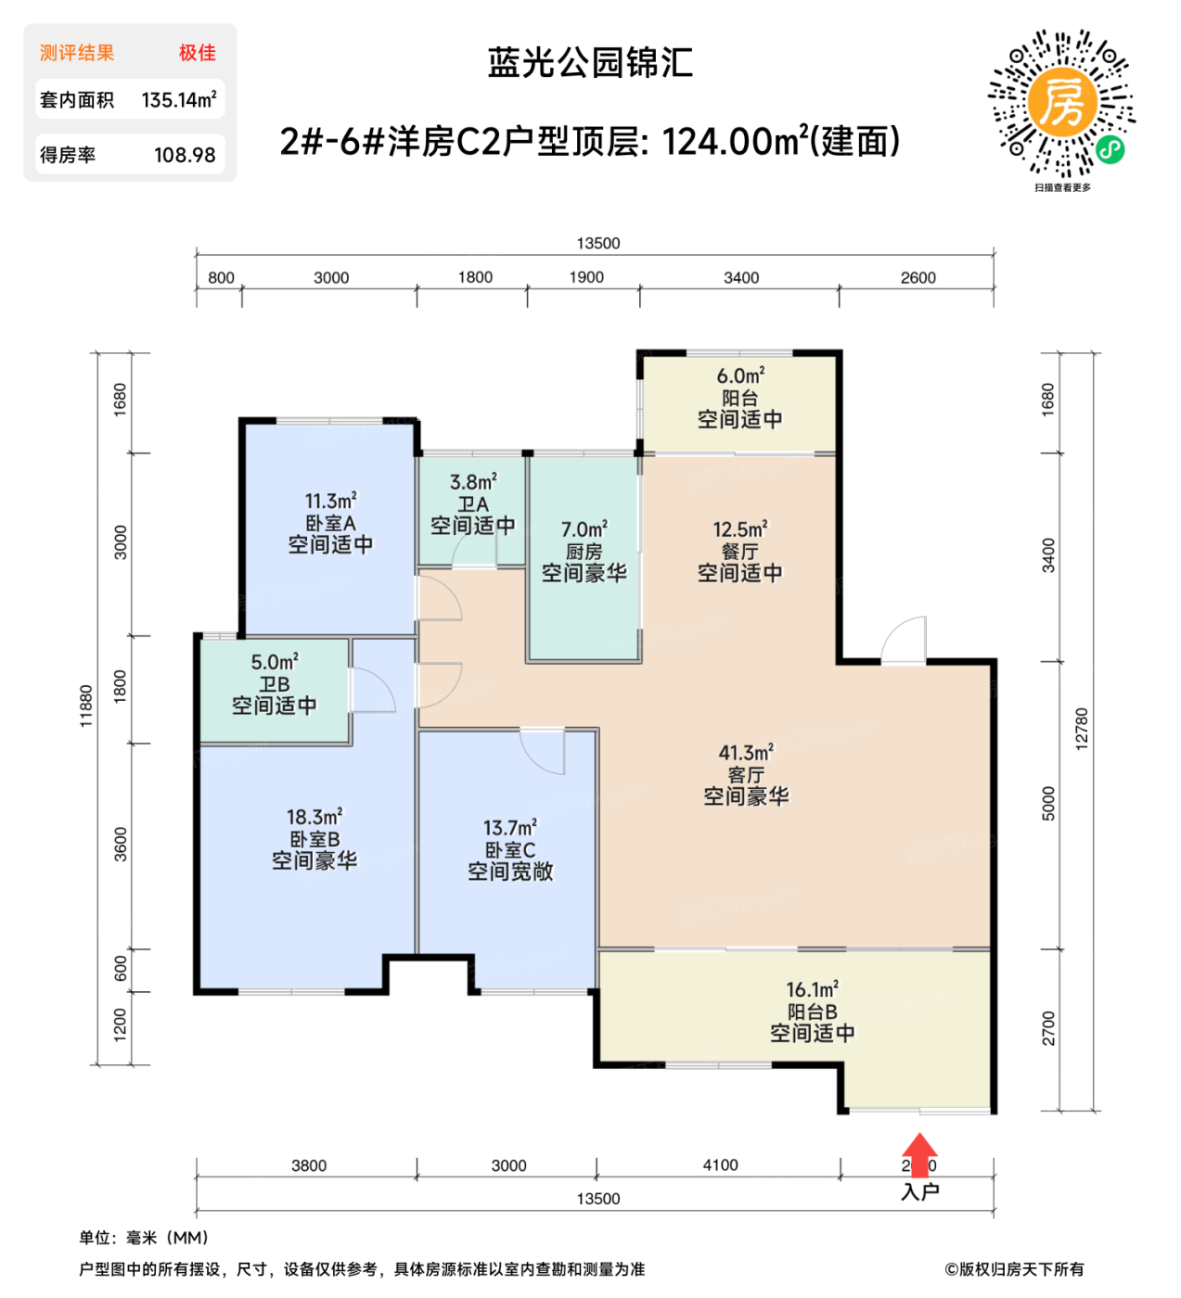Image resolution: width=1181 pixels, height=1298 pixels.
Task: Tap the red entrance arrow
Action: [x=918, y=1154]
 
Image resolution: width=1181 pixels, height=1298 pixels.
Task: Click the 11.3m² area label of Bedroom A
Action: [x=331, y=502]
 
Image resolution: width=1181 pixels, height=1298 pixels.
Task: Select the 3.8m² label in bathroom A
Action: [x=473, y=482]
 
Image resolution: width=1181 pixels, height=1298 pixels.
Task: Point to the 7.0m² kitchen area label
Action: [x=584, y=529]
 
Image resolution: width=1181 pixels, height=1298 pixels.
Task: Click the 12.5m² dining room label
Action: [x=739, y=529]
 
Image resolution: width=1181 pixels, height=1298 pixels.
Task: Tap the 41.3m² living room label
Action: [x=746, y=753]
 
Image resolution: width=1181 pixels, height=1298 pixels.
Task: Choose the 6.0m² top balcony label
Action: [x=740, y=375]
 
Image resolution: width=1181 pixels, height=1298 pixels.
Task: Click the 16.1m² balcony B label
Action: [x=813, y=990]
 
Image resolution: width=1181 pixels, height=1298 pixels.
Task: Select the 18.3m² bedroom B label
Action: [x=315, y=817]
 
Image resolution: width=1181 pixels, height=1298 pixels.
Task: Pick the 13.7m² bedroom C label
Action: [x=510, y=827]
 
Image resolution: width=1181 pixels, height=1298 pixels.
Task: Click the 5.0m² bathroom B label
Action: [x=275, y=662]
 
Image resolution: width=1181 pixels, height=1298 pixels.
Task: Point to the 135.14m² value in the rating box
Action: [x=179, y=99]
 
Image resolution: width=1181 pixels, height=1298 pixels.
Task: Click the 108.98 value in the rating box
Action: [x=185, y=155]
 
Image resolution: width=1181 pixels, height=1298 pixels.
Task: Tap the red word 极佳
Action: [x=198, y=53]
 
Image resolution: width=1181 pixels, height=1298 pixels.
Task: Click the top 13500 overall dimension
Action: [x=598, y=243]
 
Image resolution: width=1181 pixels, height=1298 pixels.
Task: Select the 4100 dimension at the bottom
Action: [x=720, y=1165]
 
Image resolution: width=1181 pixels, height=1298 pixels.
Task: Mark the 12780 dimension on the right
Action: [x=1082, y=729]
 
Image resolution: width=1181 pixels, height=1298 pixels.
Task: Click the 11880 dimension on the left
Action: [x=86, y=706]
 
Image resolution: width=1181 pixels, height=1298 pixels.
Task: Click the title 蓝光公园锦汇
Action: [x=590, y=63]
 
